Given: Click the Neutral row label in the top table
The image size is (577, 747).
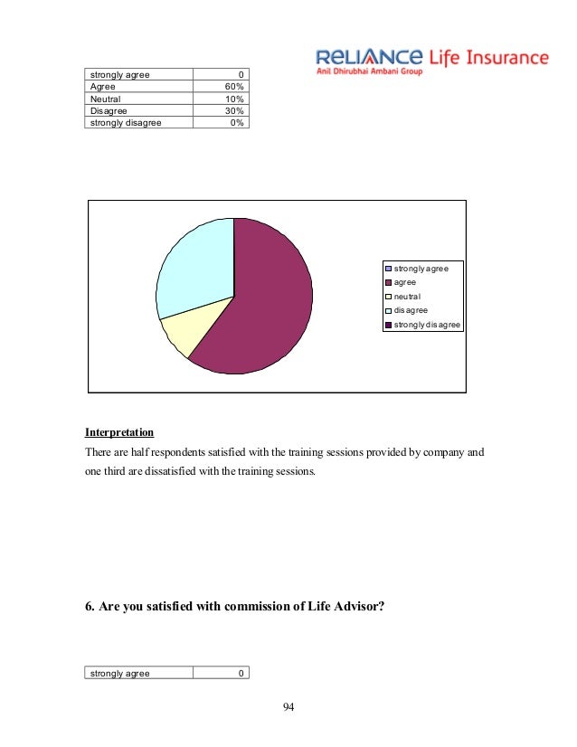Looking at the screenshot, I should pos(106,99).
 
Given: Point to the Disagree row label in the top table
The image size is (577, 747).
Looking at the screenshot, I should pos(109,111).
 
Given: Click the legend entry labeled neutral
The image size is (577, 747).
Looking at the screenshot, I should pos(408,296).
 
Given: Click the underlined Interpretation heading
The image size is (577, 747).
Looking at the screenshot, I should pos(119,432).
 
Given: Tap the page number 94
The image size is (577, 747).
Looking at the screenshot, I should pos(288,706).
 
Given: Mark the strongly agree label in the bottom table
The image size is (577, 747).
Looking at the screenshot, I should pos(119,673).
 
